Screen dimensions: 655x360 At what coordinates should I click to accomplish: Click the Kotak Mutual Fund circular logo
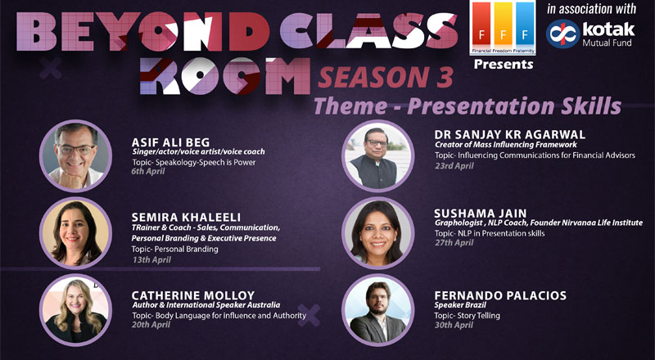point(562,34)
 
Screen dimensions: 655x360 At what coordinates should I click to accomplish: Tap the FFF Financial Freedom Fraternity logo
point(503,28)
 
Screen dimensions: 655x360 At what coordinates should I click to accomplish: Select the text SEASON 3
point(386,77)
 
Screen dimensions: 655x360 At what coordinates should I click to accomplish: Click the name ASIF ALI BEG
point(171,142)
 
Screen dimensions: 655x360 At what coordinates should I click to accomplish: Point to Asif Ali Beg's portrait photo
point(75,155)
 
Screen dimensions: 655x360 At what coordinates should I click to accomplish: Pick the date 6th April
point(148,171)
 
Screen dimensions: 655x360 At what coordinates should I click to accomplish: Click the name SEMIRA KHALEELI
point(186,217)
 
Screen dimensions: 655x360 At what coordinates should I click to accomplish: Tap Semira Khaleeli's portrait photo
point(75,233)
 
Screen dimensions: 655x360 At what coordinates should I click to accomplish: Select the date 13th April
point(151,259)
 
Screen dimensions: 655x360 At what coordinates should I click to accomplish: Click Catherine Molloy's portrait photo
point(75,310)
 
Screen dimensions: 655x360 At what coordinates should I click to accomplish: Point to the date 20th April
point(151,325)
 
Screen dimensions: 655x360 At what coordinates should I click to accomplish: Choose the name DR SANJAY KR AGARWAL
point(509,134)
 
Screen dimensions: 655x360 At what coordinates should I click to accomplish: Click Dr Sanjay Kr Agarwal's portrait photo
point(378,155)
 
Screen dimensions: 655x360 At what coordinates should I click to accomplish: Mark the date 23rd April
point(454,166)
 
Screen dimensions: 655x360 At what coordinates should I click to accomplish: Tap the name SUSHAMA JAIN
point(481,214)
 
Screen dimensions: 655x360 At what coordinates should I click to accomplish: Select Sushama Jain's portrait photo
point(378,233)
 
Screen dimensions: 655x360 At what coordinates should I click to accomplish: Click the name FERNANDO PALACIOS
point(500,295)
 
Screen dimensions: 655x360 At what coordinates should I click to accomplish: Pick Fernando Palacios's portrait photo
point(378,310)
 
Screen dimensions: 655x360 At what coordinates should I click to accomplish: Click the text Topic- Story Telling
point(467,316)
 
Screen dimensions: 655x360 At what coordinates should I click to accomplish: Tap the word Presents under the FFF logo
point(504,65)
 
